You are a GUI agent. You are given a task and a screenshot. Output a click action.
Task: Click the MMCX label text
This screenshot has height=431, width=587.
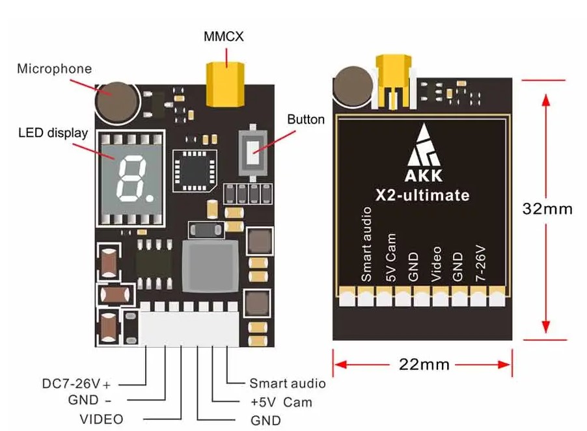click(x=223, y=37)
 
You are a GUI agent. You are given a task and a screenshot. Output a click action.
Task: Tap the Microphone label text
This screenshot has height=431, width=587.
click(x=54, y=68)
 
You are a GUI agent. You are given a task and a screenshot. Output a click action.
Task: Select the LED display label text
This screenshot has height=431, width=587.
click(x=53, y=133)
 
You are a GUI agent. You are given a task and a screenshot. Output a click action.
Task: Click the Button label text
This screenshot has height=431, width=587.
click(x=306, y=120)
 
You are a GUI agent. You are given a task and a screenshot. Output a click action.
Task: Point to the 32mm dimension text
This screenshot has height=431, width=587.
click(x=547, y=209)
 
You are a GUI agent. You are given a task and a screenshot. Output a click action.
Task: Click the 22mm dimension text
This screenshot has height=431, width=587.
click(x=424, y=364)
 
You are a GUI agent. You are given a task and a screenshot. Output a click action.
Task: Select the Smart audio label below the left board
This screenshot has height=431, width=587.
click(x=287, y=384)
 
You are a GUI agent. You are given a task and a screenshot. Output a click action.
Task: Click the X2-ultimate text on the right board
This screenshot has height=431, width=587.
click(x=423, y=195)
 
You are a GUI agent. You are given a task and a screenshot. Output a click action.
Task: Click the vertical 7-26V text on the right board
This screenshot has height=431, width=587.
click(x=480, y=263)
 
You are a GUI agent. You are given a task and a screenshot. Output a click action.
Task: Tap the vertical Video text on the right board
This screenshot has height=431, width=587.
click(x=436, y=263)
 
